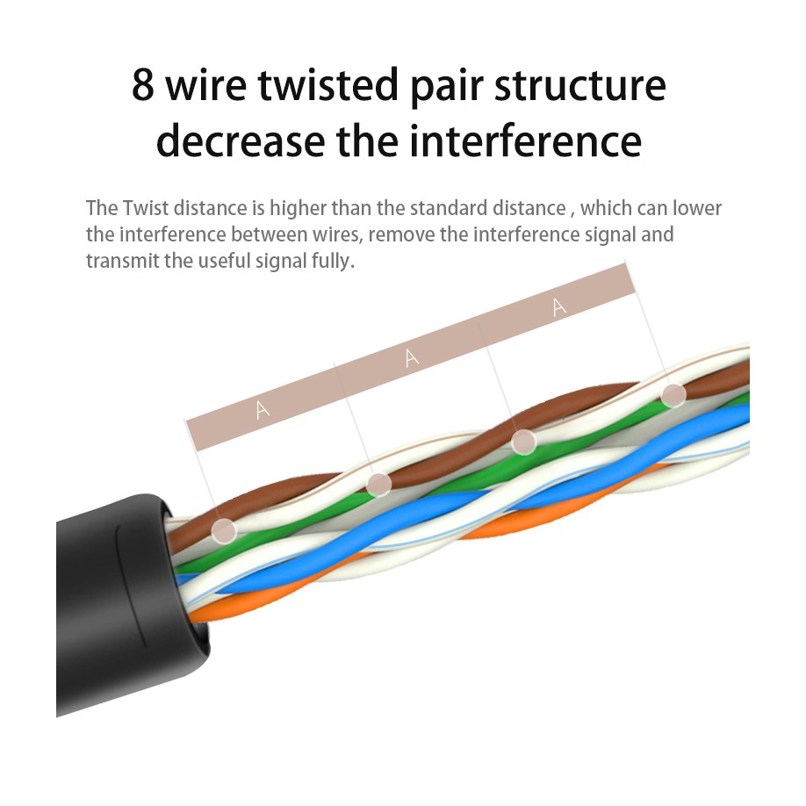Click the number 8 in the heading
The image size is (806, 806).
144,86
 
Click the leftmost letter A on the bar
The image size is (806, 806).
262,408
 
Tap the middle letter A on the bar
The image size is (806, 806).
412,357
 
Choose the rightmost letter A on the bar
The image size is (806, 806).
559,306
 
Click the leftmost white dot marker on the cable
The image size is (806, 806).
225,529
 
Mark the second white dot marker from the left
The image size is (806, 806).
378,484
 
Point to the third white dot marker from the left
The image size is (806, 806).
524,441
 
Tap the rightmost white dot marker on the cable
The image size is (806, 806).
673,395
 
